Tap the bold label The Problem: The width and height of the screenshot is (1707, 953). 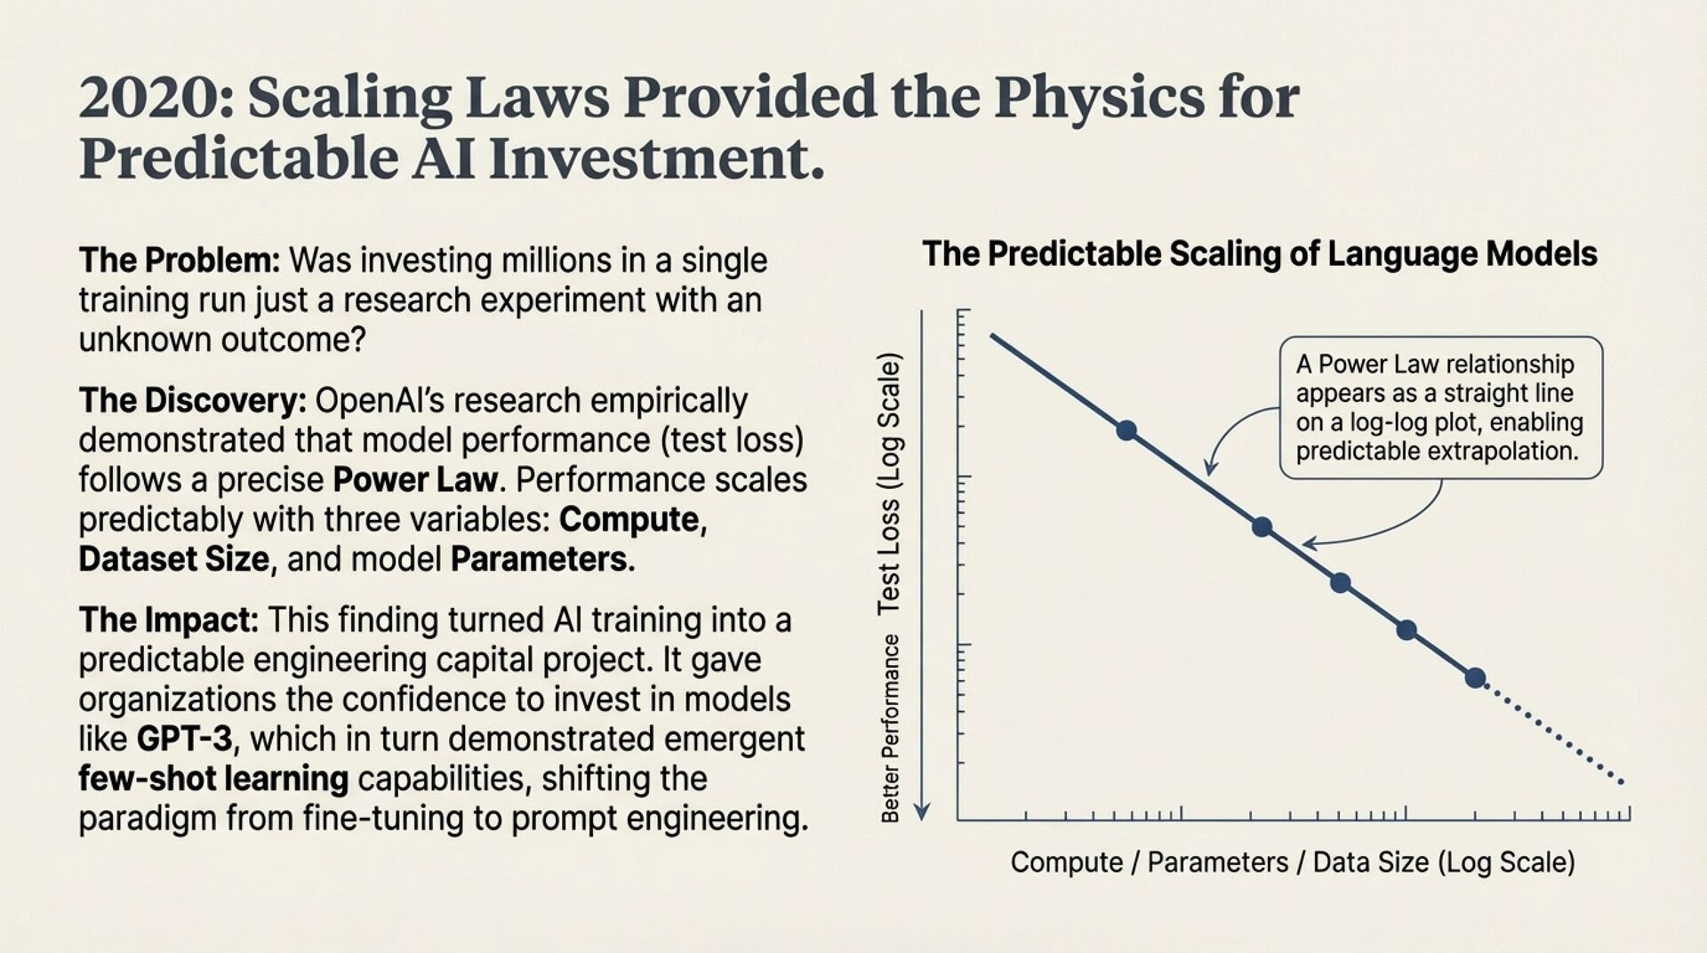tap(180, 260)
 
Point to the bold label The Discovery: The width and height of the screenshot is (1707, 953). tap(192, 401)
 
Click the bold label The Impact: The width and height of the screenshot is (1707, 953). tap(169, 620)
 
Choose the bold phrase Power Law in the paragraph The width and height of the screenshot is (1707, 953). tap(414, 480)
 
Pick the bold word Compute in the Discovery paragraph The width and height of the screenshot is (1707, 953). tap(629, 519)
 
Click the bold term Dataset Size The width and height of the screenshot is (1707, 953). tap(174, 559)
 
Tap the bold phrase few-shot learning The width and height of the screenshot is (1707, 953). tap(213, 779)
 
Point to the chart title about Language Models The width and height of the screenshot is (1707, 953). tap(1259, 254)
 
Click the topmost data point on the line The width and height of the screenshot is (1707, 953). tap(1126, 430)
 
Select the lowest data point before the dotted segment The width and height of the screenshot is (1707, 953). tap(1476, 678)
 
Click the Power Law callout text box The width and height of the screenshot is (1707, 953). tap(1440, 407)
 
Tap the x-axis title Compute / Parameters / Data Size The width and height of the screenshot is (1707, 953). tap(1293, 862)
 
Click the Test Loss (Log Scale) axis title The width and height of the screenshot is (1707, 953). tap(889, 485)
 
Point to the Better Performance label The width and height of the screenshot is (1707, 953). tap(890, 728)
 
